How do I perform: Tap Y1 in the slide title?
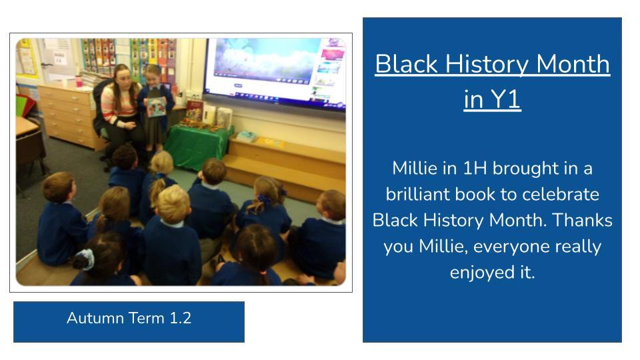[505, 99]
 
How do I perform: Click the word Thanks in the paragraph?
[582, 221]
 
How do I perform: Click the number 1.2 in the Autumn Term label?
[180, 318]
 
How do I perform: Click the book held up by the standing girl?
[156, 107]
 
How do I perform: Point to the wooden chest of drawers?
[68, 115]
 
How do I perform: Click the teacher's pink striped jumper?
[119, 105]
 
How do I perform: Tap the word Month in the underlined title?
[573, 65]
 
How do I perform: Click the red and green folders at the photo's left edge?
[25, 105]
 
